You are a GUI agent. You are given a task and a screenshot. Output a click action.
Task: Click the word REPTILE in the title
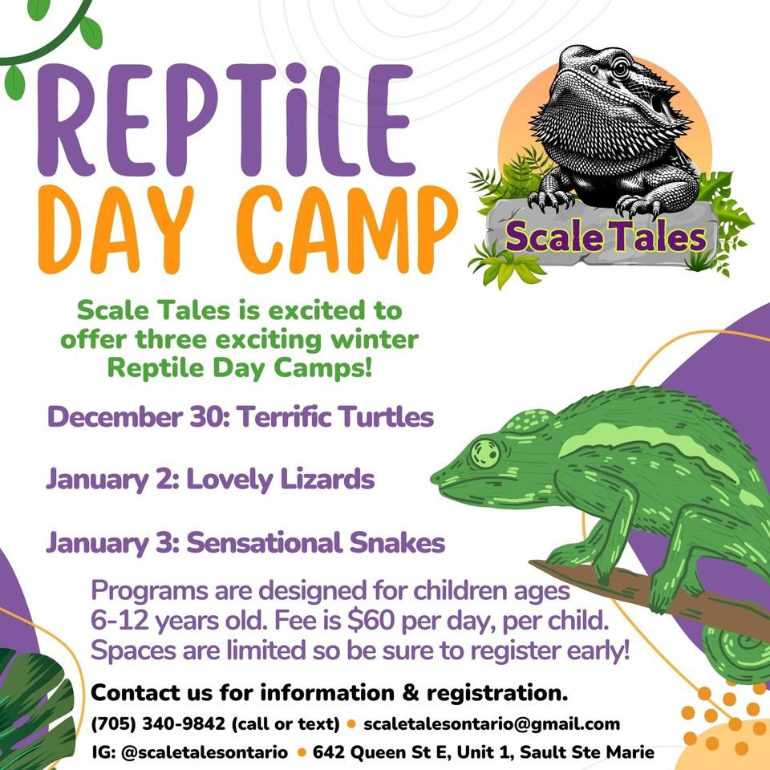(226, 120)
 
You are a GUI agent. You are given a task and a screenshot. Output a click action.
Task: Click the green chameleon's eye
(485, 452)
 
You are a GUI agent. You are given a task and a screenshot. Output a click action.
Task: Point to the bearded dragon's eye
(620, 68)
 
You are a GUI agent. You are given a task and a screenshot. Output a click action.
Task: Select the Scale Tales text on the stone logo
(606, 237)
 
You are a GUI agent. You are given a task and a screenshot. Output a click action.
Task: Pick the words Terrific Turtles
(336, 416)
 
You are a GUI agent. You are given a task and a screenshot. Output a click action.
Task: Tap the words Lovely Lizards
(281, 480)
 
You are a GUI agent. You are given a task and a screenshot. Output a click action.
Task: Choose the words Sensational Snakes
(316, 543)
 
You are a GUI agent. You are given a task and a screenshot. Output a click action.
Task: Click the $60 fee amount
(371, 620)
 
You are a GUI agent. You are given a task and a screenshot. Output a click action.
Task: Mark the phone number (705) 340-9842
(158, 723)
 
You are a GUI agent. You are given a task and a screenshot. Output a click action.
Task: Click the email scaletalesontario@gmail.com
(492, 723)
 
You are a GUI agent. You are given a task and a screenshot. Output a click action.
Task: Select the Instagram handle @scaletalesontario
(205, 752)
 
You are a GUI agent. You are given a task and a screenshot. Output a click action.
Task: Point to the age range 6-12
(120, 621)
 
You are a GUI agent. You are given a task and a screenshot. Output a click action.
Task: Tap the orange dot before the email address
(351, 723)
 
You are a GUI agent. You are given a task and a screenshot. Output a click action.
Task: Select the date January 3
(112, 544)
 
